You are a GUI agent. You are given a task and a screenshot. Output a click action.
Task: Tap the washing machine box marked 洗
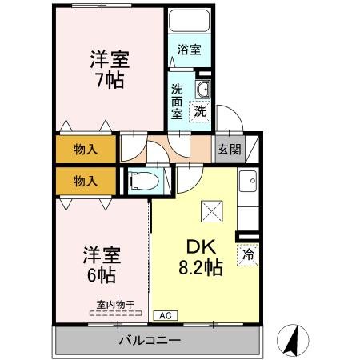pyautogui.click(x=199, y=111)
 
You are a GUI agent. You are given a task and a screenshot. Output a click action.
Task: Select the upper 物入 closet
pyautogui.click(x=86, y=149)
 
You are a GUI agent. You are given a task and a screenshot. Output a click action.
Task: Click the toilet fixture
pyautogui.click(x=144, y=181)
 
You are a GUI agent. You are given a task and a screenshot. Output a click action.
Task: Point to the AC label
pyautogui.click(x=164, y=315)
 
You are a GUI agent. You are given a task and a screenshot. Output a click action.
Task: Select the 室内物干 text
pyautogui.click(x=114, y=303)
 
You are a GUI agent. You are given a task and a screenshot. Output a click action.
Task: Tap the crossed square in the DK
pyautogui.click(x=214, y=211)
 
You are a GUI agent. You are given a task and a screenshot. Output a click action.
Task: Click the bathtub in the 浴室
pyautogui.click(x=190, y=22)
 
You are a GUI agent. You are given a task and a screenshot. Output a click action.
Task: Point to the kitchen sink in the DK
pyautogui.click(x=248, y=184)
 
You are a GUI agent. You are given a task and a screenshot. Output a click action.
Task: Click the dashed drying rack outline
pyautogui.click(x=114, y=313)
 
